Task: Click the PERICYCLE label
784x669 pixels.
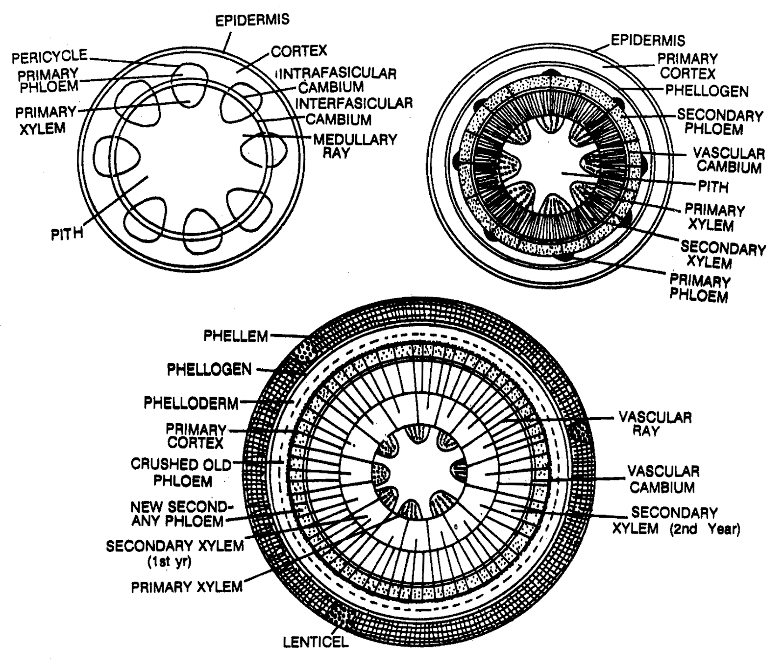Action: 49,57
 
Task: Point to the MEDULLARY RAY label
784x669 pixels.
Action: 355,146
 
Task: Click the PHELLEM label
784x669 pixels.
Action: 236,336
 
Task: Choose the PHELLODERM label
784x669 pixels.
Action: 191,403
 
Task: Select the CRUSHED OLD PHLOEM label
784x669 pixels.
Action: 181,472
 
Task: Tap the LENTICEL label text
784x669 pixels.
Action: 316,642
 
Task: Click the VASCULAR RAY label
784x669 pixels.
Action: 655,424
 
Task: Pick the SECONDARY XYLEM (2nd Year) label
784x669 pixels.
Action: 676,521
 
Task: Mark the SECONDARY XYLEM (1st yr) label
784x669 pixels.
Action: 174,553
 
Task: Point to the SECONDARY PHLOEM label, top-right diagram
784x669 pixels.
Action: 720,122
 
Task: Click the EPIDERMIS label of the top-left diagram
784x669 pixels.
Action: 252,20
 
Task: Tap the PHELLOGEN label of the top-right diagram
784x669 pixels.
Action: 707,91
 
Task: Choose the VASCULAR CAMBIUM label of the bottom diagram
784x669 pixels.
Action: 663,479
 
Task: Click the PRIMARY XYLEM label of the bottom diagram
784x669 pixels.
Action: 187,587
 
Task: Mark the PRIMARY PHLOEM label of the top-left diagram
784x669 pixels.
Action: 48,80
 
